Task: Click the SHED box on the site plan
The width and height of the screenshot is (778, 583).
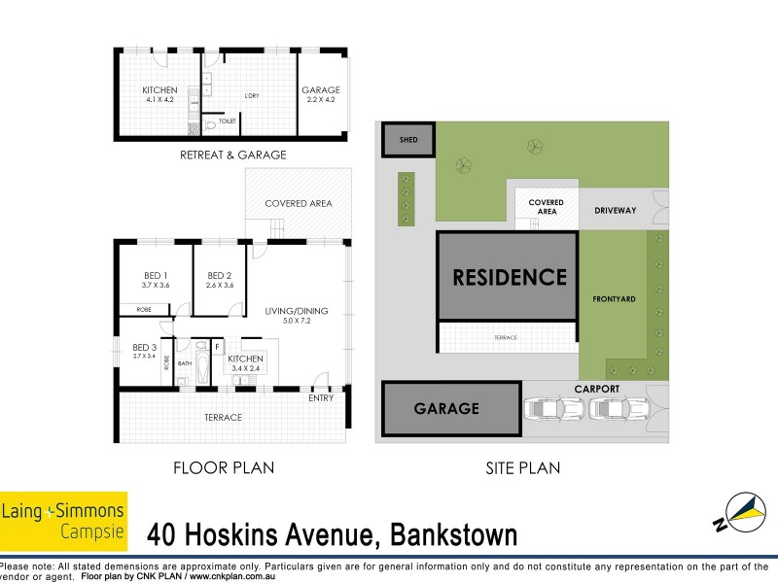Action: click(407, 140)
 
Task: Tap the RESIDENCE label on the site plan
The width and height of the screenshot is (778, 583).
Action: click(510, 277)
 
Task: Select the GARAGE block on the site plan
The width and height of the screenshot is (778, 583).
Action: click(446, 408)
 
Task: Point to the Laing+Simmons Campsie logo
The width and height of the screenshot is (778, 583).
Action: click(64, 519)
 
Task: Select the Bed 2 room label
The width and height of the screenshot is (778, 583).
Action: click(220, 280)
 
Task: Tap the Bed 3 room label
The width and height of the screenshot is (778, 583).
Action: click(144, 351)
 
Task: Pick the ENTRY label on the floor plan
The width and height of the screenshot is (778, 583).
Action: click(321, 397)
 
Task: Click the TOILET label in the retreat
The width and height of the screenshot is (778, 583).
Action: click(227, 121)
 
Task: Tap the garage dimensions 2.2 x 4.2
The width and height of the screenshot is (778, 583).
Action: click(320, 99)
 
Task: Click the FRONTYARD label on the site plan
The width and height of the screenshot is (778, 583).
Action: click(614, 298)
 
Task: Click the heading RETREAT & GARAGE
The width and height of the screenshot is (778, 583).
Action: click(232, 155)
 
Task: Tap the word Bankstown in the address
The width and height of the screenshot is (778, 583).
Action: click(453, 534)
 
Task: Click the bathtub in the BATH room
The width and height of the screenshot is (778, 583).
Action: click(201, 364)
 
